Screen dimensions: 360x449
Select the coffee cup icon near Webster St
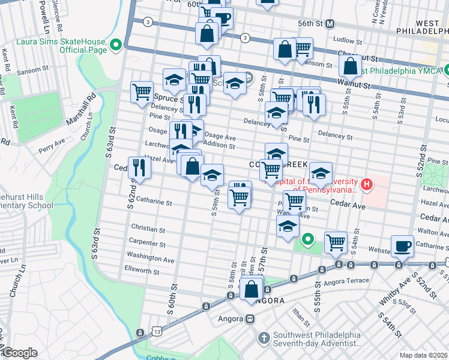coord(402,245)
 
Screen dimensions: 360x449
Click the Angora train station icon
coord(253,318)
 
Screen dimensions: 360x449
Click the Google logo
coord(20,353)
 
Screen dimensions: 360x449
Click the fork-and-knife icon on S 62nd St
coord(139,167)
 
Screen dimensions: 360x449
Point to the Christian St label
coord(148,230)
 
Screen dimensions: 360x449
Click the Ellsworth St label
coord(142,270)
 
